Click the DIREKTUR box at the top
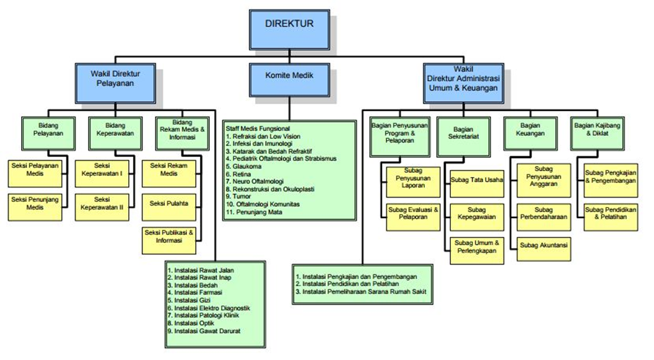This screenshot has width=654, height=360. click(289, 25)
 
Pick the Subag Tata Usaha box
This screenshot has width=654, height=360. click(477, 180)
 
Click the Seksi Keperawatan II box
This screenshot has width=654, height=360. click(102, 204)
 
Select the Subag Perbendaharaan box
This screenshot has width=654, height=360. click(543, 214)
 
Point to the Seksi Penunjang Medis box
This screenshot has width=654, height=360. click(36, 203)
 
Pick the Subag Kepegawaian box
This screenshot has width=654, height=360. click(477, 214)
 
